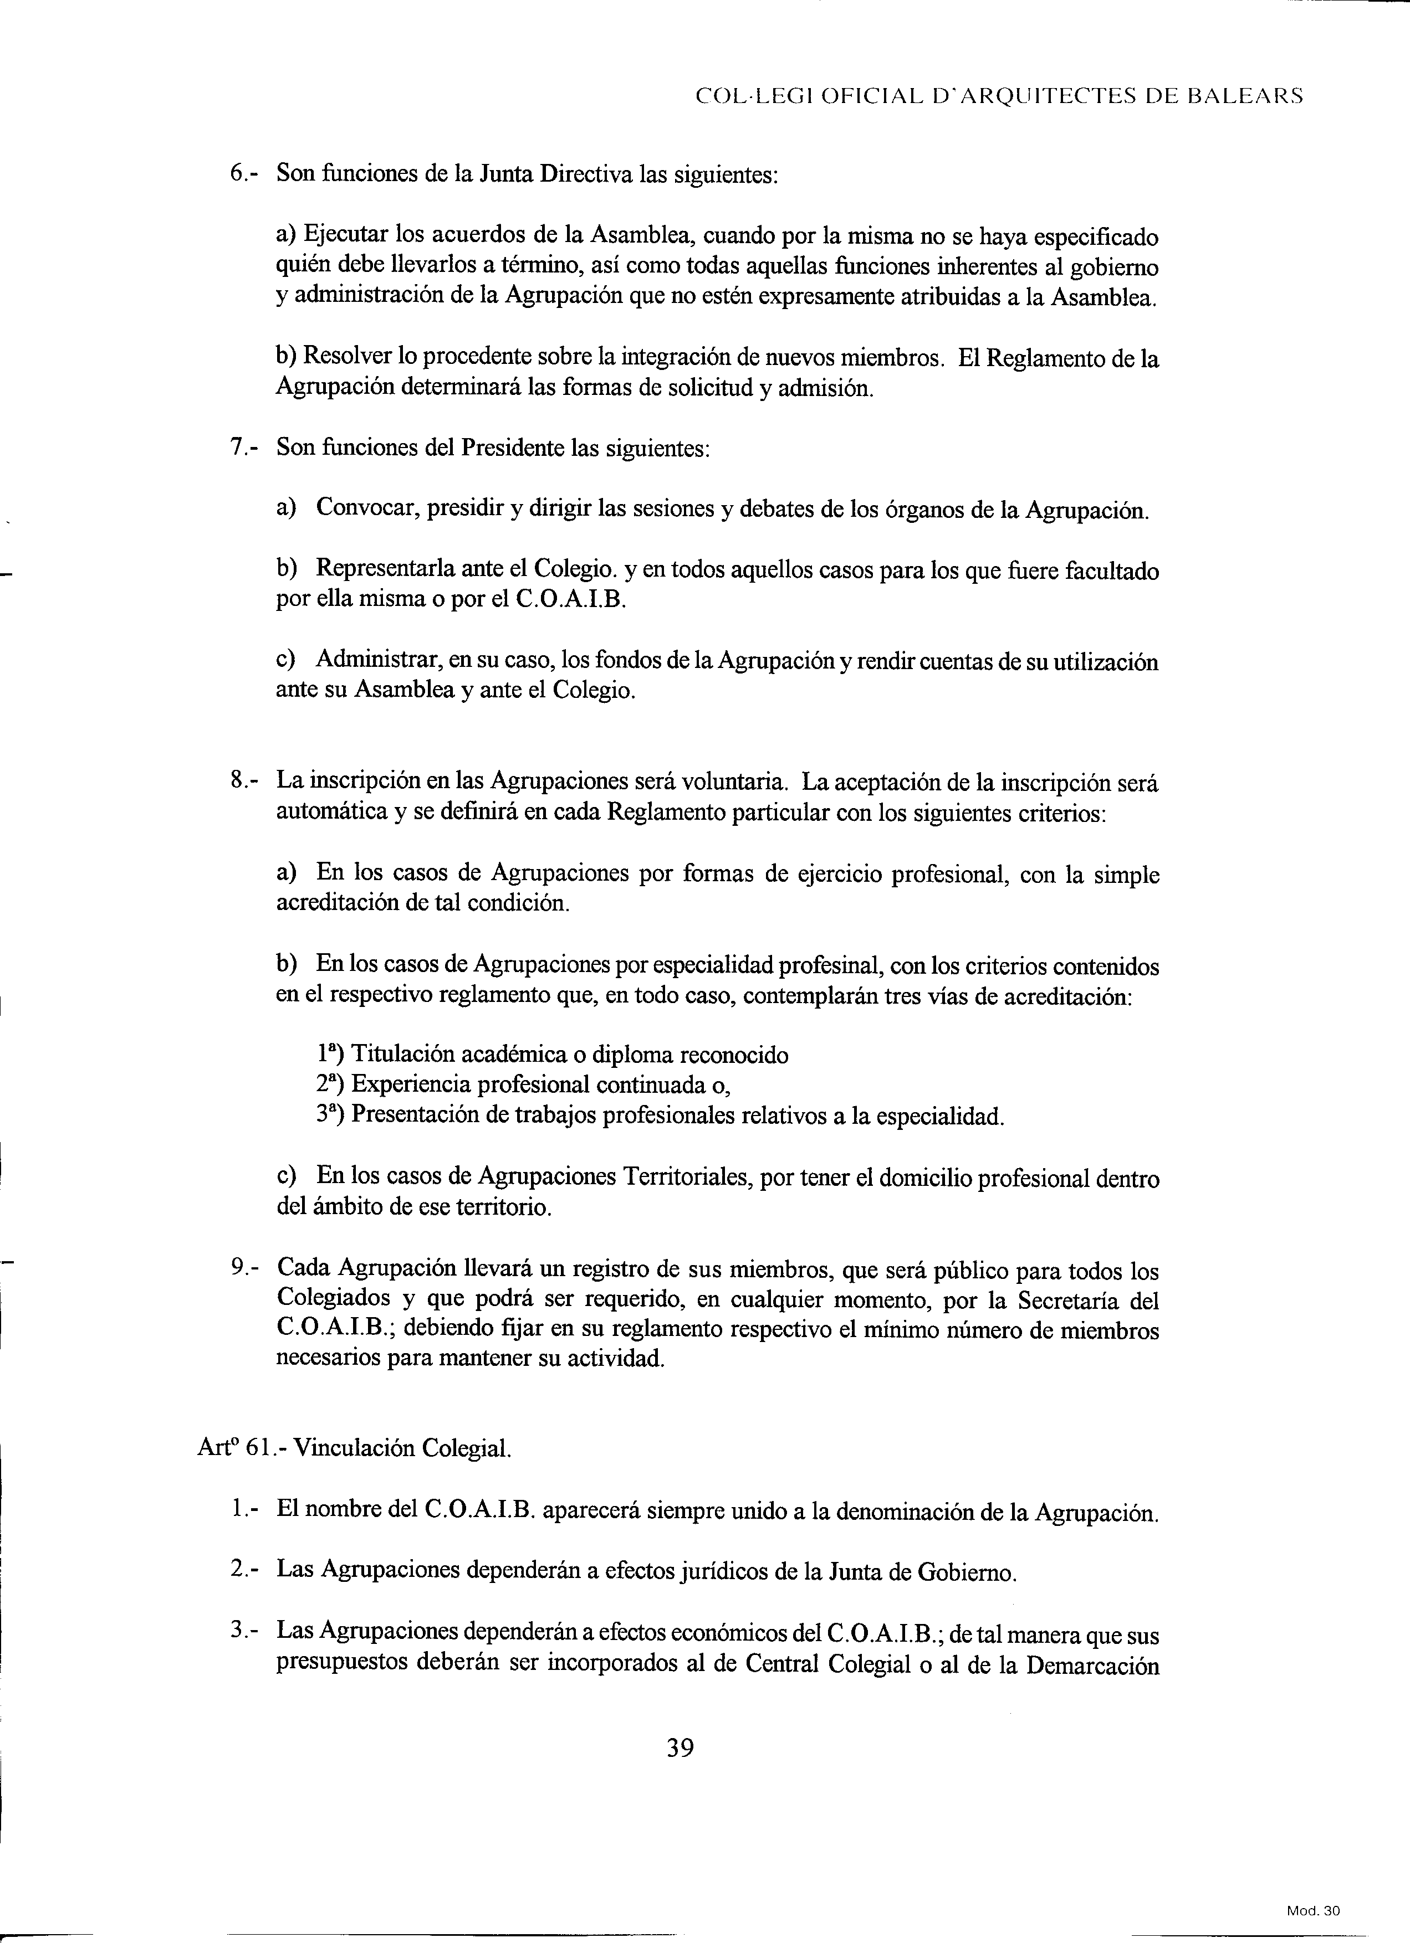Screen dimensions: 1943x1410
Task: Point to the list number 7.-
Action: coord(243,447)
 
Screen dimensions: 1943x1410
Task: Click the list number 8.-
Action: coord(243,782)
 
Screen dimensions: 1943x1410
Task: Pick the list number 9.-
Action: coord(243,1269)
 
